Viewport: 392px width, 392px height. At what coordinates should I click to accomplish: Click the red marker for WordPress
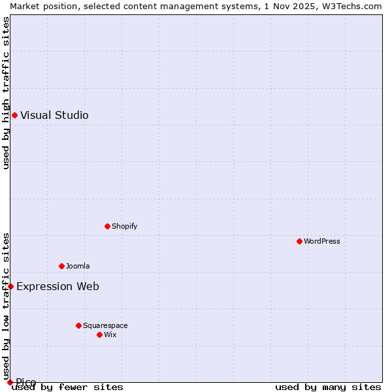click(x=299, y=241)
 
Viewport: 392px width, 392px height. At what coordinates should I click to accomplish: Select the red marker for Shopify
click(x=107, y=226)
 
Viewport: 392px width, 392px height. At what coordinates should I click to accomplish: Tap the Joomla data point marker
click(x=61, y=266)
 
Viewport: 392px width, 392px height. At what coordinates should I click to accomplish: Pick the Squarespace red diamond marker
click(x=78, y=325)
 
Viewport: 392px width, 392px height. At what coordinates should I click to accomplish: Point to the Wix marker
click(x=99, y=335)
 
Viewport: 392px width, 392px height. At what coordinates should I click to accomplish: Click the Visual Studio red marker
click(x=14, y=116)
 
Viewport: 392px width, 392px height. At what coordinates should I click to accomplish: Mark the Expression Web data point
click(x=10, y=286)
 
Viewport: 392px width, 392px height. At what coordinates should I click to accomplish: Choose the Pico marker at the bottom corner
click(x=10, y=382)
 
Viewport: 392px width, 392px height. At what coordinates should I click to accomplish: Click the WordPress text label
click(x=322, y=241)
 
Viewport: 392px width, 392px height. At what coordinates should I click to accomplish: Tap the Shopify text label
click(x=124, y=226)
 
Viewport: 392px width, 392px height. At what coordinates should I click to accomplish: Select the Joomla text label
click(x=78, y=266)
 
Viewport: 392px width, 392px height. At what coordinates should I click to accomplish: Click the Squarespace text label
click(x=105, y=325)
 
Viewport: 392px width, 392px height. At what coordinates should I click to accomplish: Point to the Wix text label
click(x=110, y=335)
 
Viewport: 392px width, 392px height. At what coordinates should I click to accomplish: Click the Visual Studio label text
click(x=54, y=116)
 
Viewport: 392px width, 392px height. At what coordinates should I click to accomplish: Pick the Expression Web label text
click(x=57, y=286)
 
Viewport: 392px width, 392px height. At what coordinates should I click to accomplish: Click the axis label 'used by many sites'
click(x=328, y=387)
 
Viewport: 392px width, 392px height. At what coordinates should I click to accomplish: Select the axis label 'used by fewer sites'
click(x=68, y=387)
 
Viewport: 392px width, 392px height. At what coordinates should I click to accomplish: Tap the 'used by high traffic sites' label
click(x=6, y=93)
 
